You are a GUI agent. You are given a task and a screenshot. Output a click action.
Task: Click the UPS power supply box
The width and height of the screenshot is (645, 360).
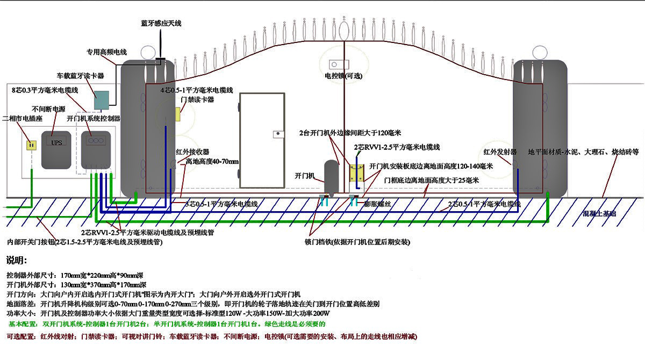click(x=56, y=148)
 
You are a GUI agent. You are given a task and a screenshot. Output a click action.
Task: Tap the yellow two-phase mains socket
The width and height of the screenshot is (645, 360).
click(x=31, y=145)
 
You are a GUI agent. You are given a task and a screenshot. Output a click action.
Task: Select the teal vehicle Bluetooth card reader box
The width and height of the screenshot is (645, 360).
click(x=101, y=98)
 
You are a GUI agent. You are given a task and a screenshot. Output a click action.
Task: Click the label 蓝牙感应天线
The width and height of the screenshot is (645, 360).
click(x=161, y=24)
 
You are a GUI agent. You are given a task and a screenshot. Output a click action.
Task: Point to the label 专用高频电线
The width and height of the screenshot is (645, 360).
click(x=107, y=52)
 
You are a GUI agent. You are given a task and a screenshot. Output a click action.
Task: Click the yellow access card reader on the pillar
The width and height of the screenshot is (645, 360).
click(x=177, y=114)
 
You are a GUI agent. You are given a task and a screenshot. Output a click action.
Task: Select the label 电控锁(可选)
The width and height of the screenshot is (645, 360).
click(x=343, y=75)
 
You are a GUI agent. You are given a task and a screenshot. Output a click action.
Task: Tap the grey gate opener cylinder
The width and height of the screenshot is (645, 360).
click(x=331, y=176)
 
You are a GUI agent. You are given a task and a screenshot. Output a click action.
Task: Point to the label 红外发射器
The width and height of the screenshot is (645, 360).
click(x=500, y=152)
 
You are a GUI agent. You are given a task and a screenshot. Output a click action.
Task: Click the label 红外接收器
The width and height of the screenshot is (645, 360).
click(x=192, y=152)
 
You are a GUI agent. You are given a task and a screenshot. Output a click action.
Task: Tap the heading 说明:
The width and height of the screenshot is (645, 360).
click(x=17, y=261)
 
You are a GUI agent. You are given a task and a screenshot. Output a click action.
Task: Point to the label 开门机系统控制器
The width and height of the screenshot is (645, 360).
click(x=93, y=118)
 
